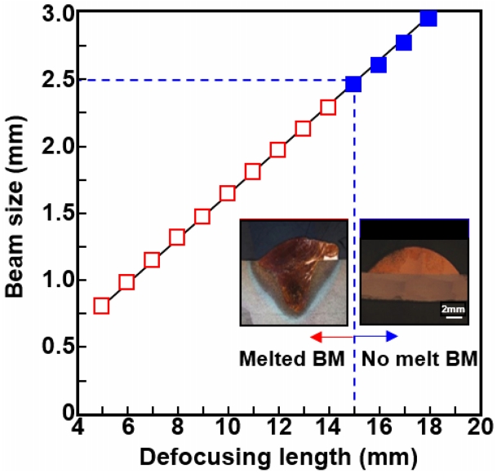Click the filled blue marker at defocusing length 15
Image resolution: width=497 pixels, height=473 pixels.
(x=353, y=84)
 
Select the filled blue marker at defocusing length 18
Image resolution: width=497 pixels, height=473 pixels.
(x=428, y=18)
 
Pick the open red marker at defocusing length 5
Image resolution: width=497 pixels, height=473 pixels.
(x=102, y=306)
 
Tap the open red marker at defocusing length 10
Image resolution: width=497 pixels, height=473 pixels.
(x=228, y=193)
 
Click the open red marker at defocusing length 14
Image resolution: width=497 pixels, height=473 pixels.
(x=328, y=107)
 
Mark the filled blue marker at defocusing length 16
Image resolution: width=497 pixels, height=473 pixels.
(x=379, y=64)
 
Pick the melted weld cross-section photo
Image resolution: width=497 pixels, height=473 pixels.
(x=294, y=273)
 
